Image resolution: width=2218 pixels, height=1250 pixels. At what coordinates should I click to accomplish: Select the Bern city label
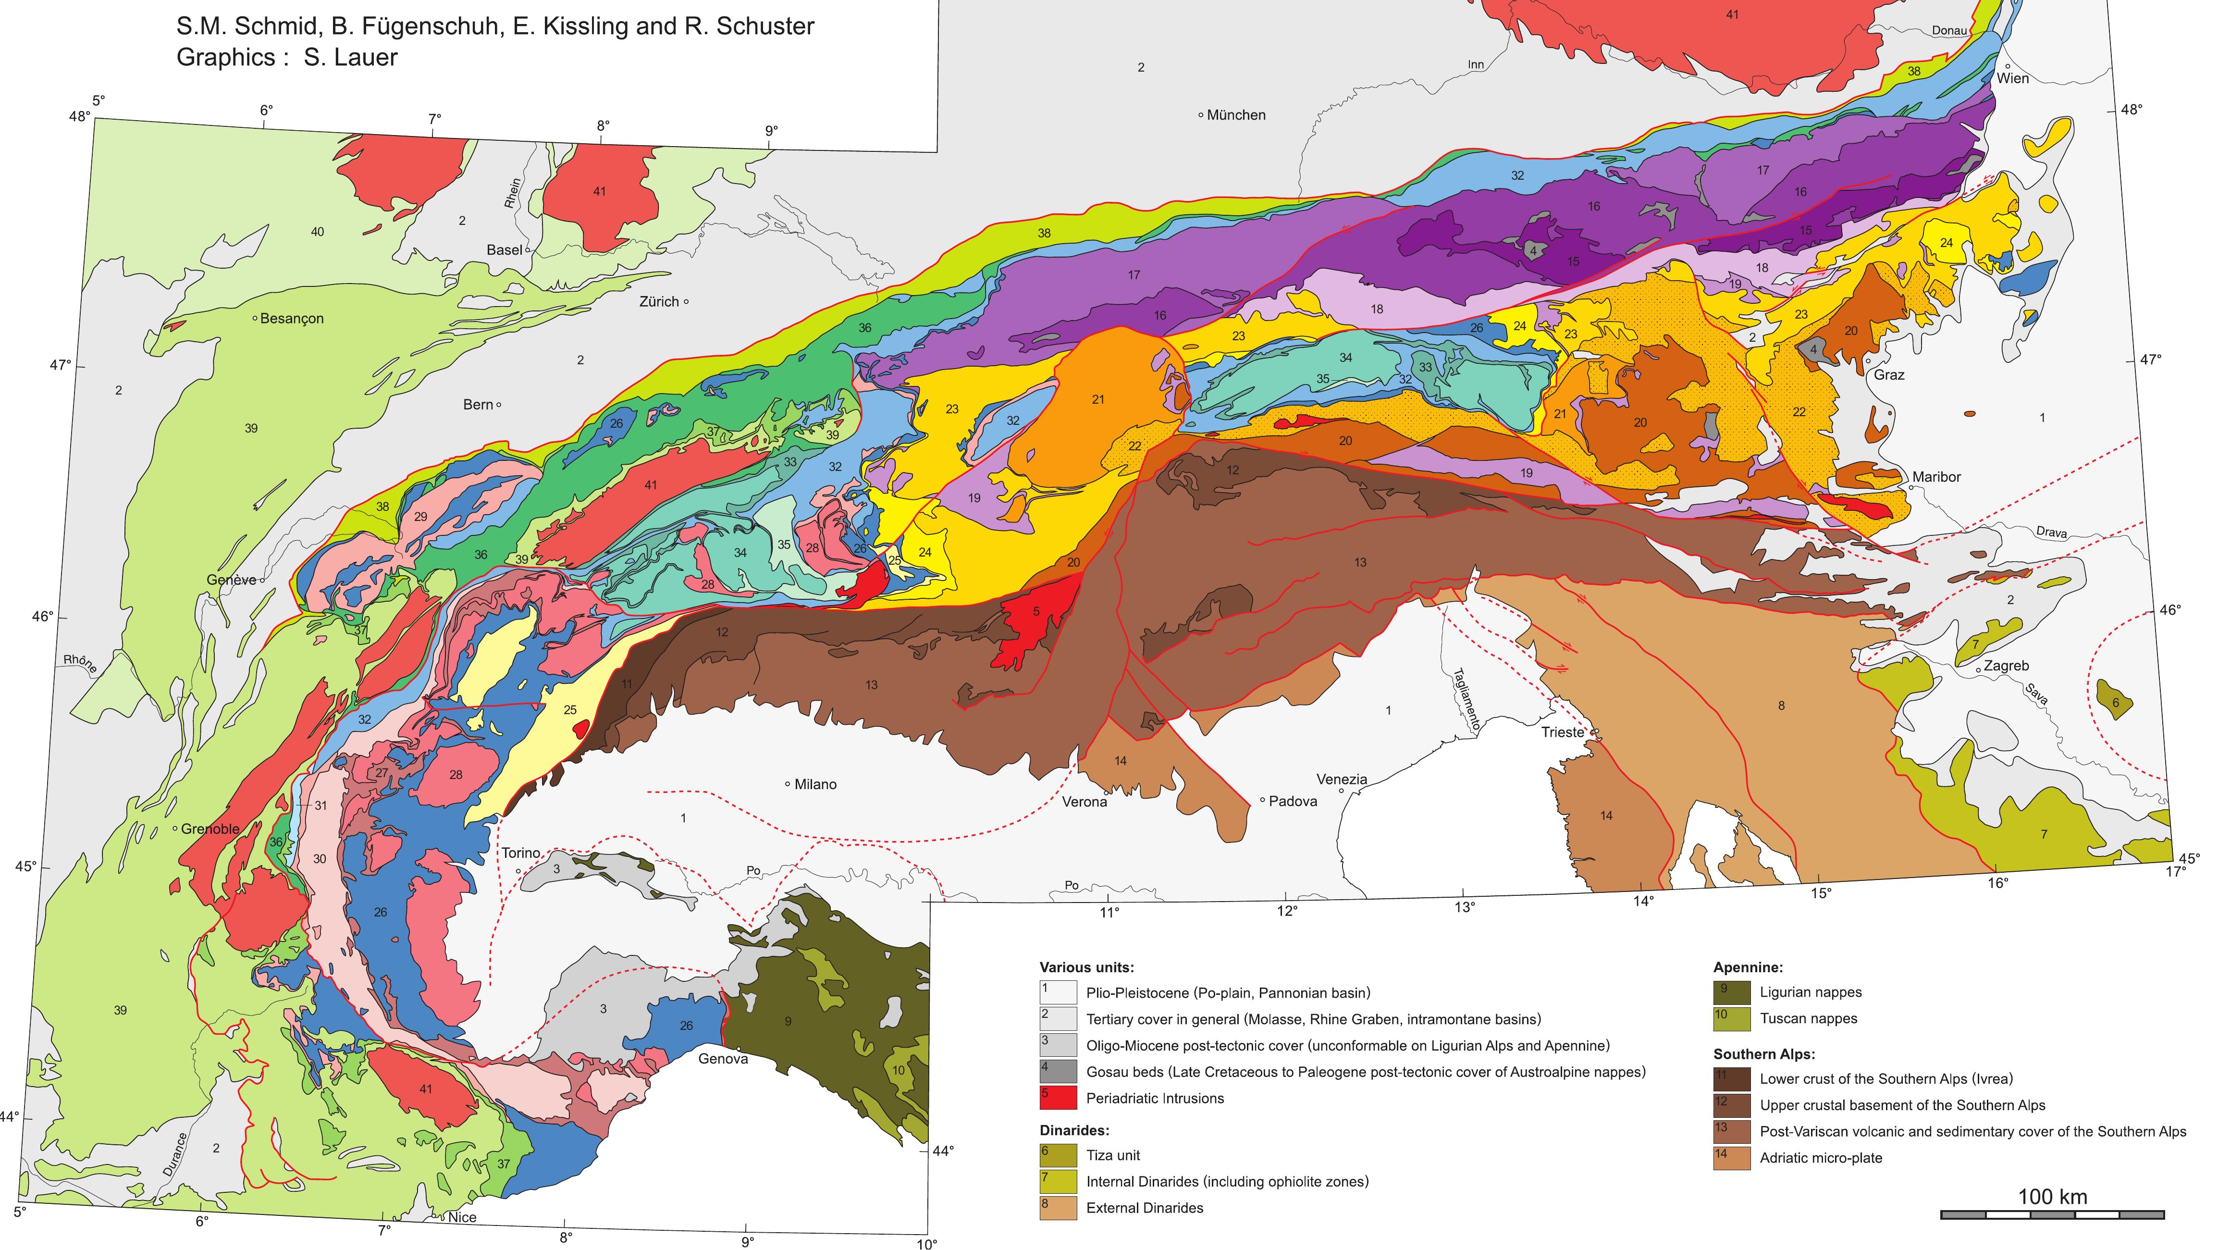478,405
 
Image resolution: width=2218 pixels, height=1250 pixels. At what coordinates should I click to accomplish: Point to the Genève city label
231,580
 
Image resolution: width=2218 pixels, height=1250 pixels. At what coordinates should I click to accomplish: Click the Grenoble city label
210,829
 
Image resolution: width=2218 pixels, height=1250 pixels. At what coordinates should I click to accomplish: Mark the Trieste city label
1562,732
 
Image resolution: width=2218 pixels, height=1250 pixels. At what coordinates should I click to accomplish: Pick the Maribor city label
1936,477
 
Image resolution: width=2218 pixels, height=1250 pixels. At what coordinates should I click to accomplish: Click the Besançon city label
292,319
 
